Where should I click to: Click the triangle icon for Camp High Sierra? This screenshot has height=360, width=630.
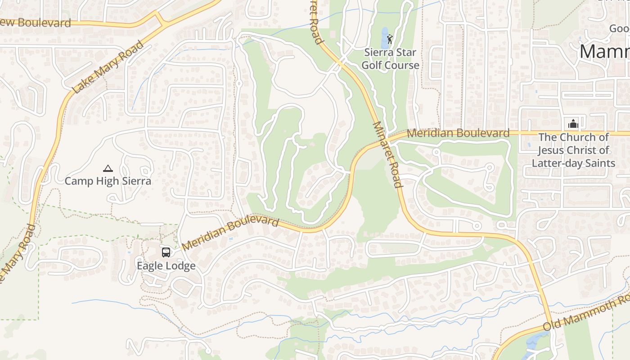(x=108, y=169)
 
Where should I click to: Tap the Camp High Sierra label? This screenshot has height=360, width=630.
(x=108, y=181)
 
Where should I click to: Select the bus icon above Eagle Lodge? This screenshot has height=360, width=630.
(x=166, y=252)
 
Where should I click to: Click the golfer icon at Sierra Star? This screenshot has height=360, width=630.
(x=390, y=39)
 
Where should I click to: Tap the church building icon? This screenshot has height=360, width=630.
(x=573, y=123)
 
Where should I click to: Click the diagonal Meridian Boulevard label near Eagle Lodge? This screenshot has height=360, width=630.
(x=230, y=234)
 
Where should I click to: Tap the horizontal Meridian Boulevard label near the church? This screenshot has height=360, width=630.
(x=458, y=133)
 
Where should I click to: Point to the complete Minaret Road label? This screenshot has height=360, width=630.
(x=387, y=154)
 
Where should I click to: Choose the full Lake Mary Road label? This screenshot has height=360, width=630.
(x=108, y=67)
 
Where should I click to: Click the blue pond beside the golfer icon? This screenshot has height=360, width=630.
(x=385, y=40)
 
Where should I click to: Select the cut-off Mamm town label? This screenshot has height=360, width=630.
(x=604, y=52)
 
